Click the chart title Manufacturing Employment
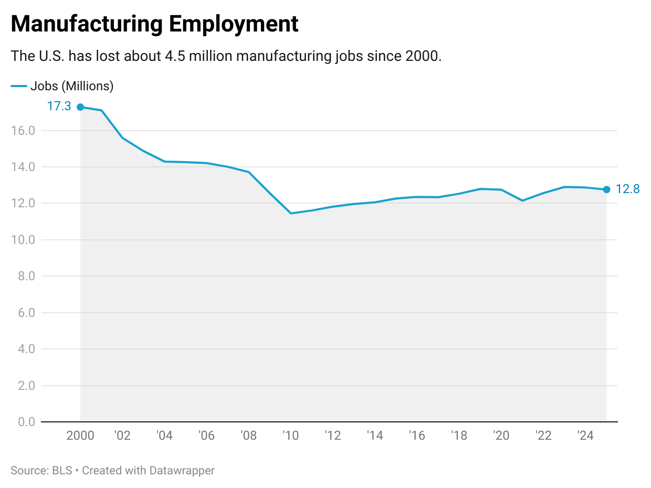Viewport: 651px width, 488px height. pyautogui.click(x=154, y=24)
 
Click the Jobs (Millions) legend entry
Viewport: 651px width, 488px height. pyautogui.click(x=71, y=86)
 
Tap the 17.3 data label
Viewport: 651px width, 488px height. pyautogui.click(x=59, y=107)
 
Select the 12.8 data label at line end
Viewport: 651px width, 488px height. pyautogui.click(x=627, y=189)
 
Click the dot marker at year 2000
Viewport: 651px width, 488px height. pyautogui.click(x=80, y=107)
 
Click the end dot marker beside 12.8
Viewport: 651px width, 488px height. pyautogui.click(x=606, y=189)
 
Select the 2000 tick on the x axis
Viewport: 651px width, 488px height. pyautogui.click(x=80, y=436)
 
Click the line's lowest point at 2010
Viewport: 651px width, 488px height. pyautogui.click(x=291, y=213)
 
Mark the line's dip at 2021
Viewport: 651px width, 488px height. pyautogui.click(x=522, y=200)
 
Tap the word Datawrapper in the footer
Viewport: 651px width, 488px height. pyautogui.click(x=182, y=471)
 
